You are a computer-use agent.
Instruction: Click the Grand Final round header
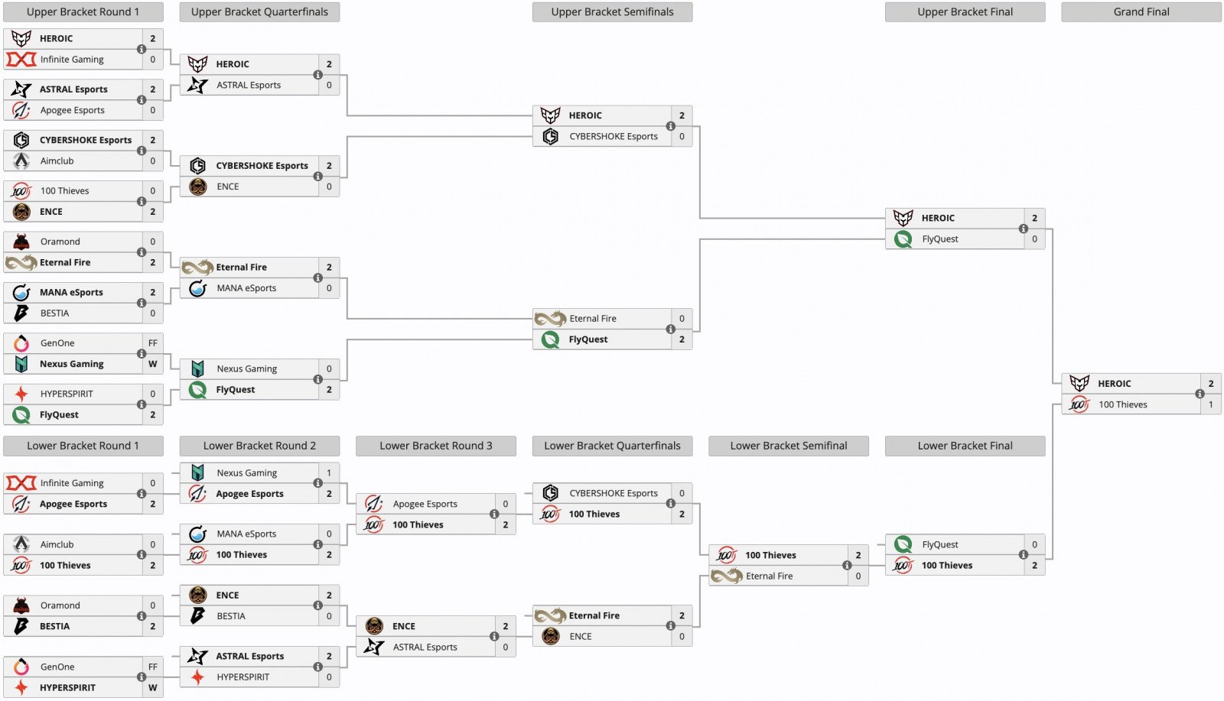click(x=1141, y=12)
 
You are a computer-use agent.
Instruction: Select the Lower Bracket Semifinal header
click(x=788, y=446)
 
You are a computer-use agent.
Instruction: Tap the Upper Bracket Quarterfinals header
click(x=259, y=12)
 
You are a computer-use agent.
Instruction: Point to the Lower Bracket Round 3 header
click(x=435, y=446)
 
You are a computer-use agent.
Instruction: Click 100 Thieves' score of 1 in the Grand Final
click(x=1210, y=404)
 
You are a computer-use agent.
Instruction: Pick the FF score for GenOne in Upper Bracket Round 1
click(x=152, y=343)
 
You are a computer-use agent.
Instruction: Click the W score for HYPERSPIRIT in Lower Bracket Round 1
click(x=152, y=687)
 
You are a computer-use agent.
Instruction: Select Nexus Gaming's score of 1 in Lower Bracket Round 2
click(x=329, y=473)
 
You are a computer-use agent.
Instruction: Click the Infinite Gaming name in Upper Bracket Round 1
click(x=72, y=60)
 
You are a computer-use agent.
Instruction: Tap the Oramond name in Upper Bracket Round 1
click(x=60, y=242)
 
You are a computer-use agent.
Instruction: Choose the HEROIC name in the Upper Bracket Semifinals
click(x=585, y=115)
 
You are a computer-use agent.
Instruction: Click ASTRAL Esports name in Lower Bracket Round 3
click(x=425, y=647)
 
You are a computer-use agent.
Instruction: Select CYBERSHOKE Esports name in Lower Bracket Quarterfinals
click(x=613, y=493)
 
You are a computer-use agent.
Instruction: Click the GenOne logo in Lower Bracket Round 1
click(x=21, y=667)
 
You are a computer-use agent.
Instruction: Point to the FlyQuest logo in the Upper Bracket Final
click(x=903, y=239)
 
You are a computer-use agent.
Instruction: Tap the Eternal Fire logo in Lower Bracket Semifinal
click(x=726, y=576)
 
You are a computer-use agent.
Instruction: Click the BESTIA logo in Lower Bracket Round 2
click(x=197, y=616)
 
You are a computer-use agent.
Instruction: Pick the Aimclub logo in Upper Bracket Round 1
click(x=21, y=161)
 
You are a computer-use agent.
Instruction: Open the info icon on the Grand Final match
click(x=1200, y=394)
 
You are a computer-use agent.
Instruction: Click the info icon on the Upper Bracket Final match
click(x=1023, y=229)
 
